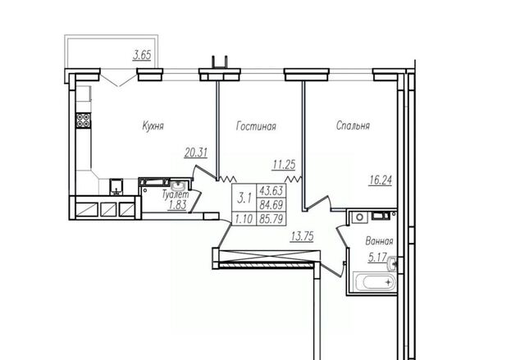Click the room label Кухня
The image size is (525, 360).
153,126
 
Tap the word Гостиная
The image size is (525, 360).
256,126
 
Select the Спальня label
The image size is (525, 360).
353,125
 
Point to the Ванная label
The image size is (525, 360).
379,241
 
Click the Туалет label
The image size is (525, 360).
176,194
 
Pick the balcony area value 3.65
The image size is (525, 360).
142,55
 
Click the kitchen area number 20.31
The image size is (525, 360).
196,153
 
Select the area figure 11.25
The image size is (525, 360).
284,165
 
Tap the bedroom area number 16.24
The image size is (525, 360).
381,180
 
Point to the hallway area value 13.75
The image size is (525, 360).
302,236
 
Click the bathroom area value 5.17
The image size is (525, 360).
377,257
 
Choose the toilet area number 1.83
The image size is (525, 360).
177,205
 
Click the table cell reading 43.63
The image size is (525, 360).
272,191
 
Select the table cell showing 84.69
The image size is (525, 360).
272,205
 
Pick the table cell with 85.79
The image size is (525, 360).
272,219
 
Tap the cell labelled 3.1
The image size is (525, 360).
244,198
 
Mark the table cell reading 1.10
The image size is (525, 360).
244,219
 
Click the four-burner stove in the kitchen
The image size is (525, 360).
84,121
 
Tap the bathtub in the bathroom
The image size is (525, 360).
375,283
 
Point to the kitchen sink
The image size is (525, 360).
116,187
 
